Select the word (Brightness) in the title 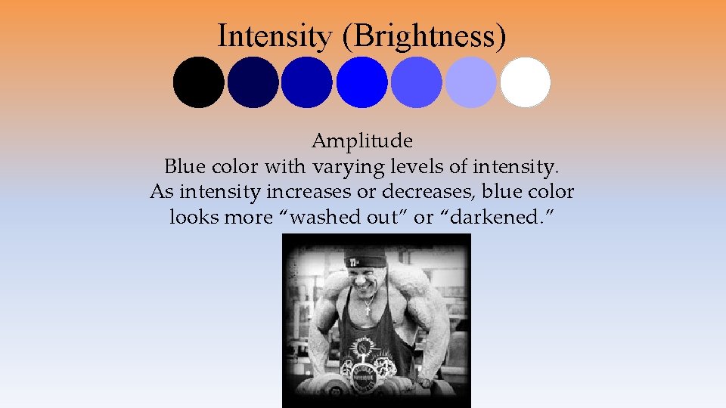click(x=423, y=36)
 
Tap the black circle click(x=198, y=82)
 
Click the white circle click(x=526, y=82)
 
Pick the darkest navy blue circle click(x=253, y=82)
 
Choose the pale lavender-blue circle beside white click(x=471, y=82)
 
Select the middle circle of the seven click(x=361, y=82)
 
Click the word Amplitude click(x=362, y=141)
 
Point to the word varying click(x=355, y=166)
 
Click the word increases click(x=302, y=192)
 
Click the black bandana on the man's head click(x=365, y=261)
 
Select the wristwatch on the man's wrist click(x=427, y=382)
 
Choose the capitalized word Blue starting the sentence click(x=182, y=166)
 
